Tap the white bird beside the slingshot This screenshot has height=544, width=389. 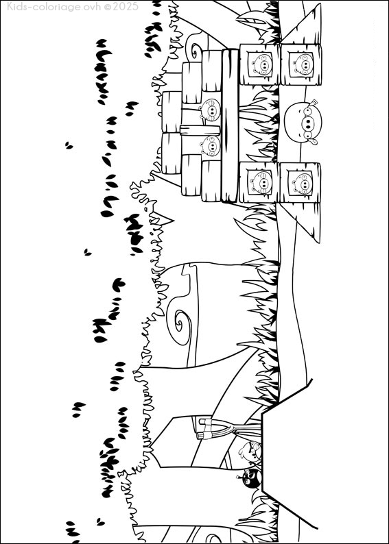coord(250,451)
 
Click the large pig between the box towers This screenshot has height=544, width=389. coord(303,121)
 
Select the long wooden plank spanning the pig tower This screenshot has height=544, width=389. coord(230,125)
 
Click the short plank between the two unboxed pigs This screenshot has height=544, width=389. coord(200,130)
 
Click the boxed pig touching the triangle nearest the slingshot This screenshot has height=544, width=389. coord(300,183)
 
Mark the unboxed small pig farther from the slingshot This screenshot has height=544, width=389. coord(211,110)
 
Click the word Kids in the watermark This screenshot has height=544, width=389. coord(18,6)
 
